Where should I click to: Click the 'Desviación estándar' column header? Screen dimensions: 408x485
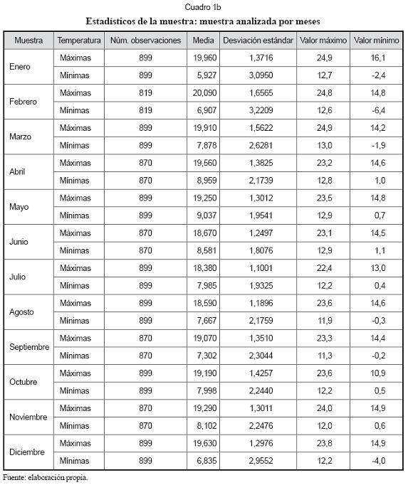coord(258,41)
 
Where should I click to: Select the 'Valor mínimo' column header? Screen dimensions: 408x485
coord(376,41)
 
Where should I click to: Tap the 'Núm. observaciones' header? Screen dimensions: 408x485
coord(145,41)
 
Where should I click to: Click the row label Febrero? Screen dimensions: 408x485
coord(23,102)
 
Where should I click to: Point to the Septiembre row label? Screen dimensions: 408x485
coord(29,347)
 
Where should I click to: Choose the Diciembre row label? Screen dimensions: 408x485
coord(27,452)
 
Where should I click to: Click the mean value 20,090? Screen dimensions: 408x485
coord(204,92)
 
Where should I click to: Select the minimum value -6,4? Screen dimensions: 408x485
coord(379,110)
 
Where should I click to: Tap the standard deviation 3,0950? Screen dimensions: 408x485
coord(261,75)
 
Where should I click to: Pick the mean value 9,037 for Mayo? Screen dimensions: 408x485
coord(206,215)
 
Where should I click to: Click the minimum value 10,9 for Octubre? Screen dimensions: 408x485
coord(378,373)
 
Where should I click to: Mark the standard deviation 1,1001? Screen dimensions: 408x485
coord(261,268)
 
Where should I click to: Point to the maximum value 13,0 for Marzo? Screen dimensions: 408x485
coord(325,145)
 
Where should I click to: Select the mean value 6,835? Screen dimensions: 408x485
coord(206,461)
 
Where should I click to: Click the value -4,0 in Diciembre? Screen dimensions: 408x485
coord(379,461)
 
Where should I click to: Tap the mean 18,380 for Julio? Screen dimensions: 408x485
coord(204,268)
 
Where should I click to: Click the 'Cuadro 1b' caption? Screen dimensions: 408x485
coord(203,7)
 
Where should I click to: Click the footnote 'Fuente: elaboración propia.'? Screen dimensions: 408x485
coord(46,478)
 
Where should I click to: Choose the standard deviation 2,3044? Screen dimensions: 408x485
coord(261,356)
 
